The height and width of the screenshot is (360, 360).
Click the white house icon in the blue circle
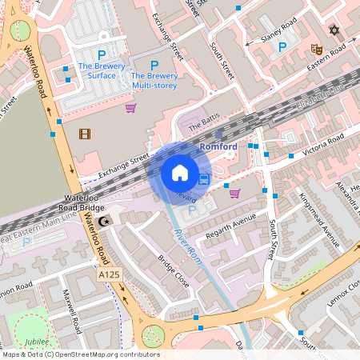click(180, 172)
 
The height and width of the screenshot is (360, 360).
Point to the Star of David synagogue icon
click(334, 30)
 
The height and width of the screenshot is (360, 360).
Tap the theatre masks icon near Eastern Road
click(316, 49)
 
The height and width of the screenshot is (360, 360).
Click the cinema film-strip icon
click(85, 133)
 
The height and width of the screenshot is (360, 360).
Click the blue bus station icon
click(205, 178)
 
